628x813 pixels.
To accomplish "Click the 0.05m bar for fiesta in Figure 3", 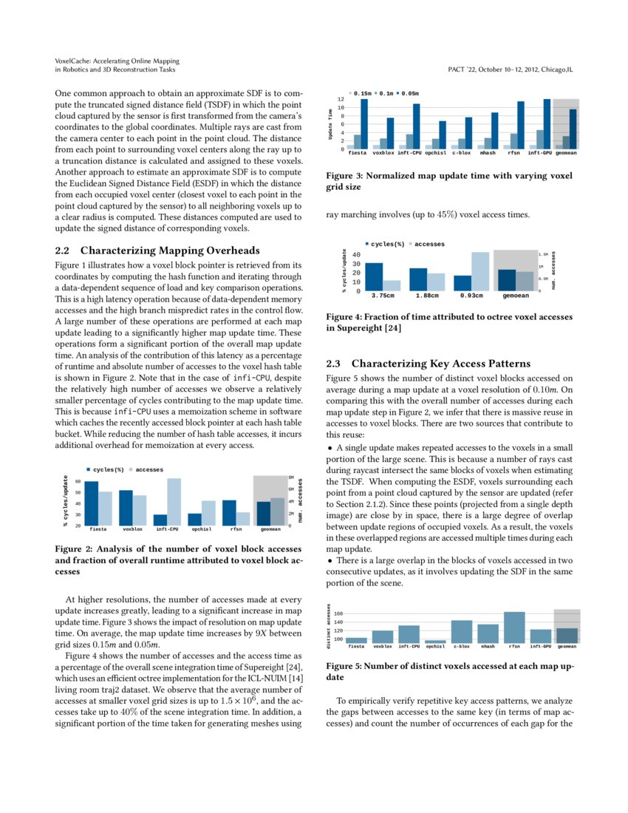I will click(364, 124).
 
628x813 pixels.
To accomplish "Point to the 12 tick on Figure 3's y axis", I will click(341, 99).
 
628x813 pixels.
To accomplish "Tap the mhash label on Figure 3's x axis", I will click(488, 154).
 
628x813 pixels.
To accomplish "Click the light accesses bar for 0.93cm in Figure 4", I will click(480, 271).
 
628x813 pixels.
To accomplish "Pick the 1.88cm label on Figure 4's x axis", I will click(427, 296).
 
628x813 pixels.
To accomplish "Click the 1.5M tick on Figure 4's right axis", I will click(543, 254).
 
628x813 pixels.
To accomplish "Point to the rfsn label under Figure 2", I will click(236, 530).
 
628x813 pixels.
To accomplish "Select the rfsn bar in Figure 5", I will click(514, 627).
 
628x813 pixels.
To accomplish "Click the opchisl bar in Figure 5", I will click(436, 642).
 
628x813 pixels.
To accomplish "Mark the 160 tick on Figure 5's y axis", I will click(338, 614).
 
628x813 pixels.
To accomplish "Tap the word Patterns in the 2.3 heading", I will click(504, 364).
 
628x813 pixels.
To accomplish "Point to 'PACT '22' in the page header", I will click(463, 69).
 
